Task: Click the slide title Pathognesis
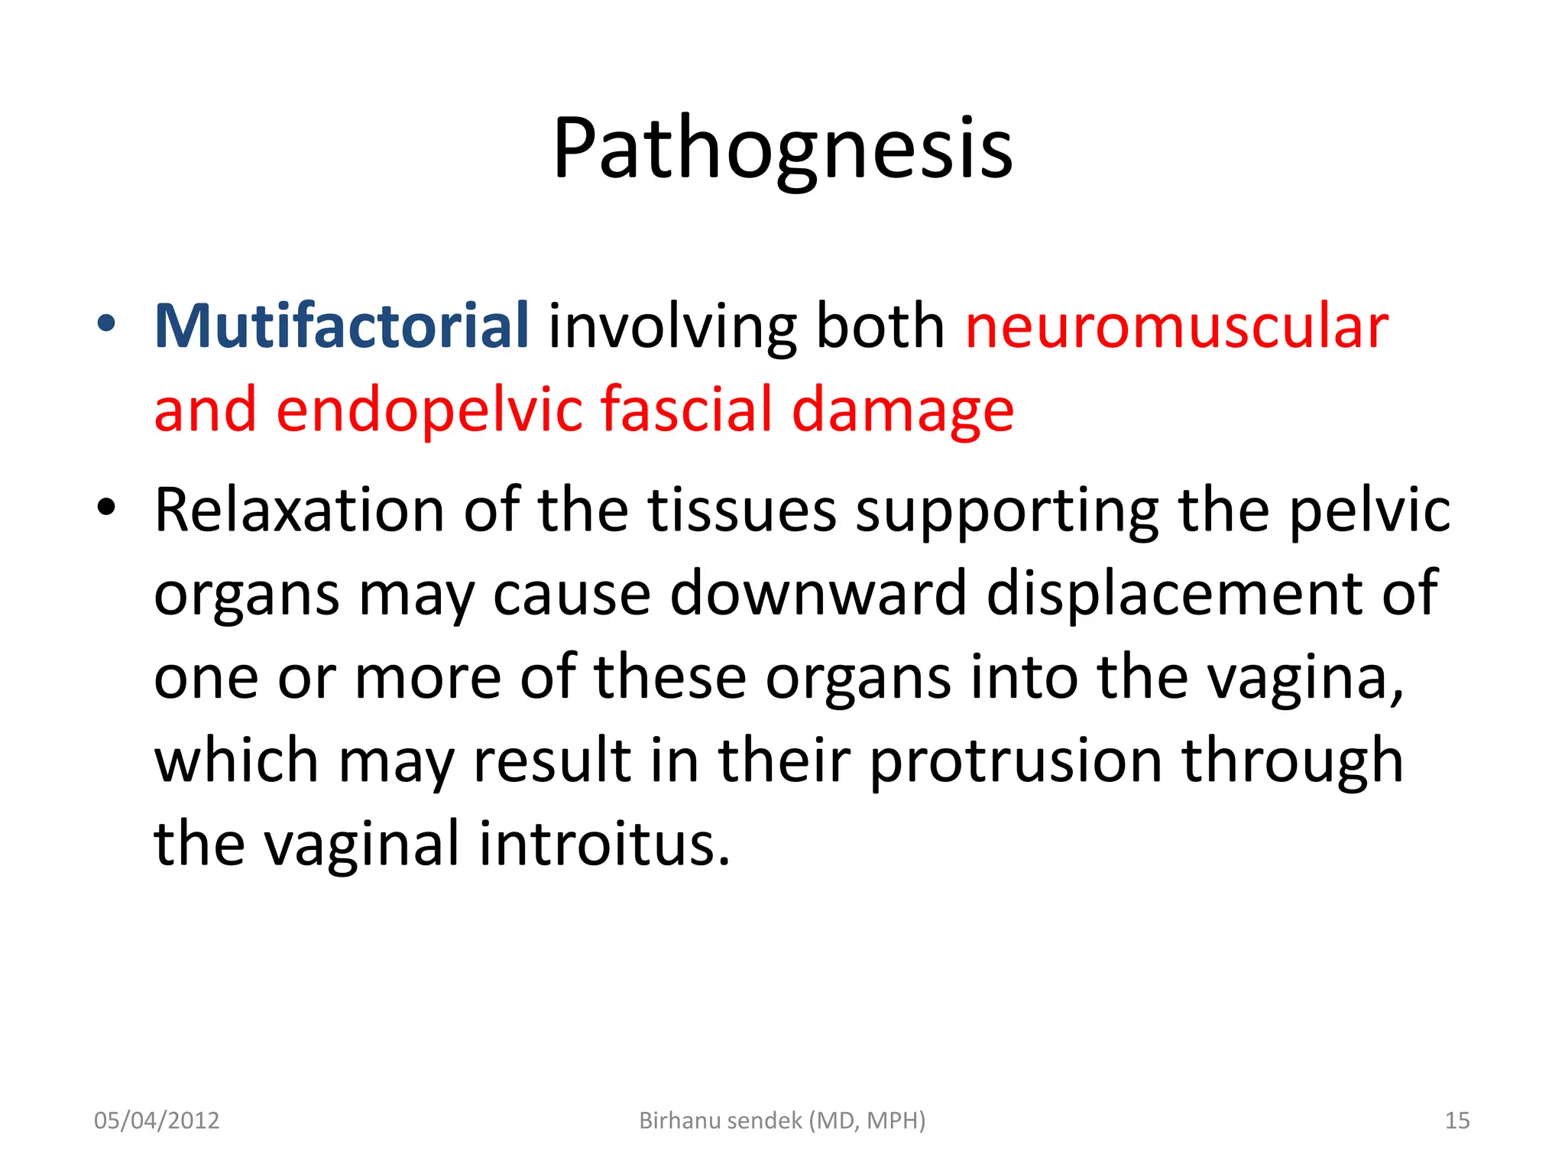pos(782,149)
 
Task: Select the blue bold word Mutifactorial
pos(341,326)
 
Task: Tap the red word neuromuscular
pos(1177,326)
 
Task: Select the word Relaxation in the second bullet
pos(299,510)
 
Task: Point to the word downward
pos(818,593)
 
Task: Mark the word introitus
pos(604,844)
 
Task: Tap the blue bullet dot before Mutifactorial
pos(107,324)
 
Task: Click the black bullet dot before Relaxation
pos(107,507)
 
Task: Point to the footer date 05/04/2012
pos(157,1120)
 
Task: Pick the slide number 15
pos(1457,1120)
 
